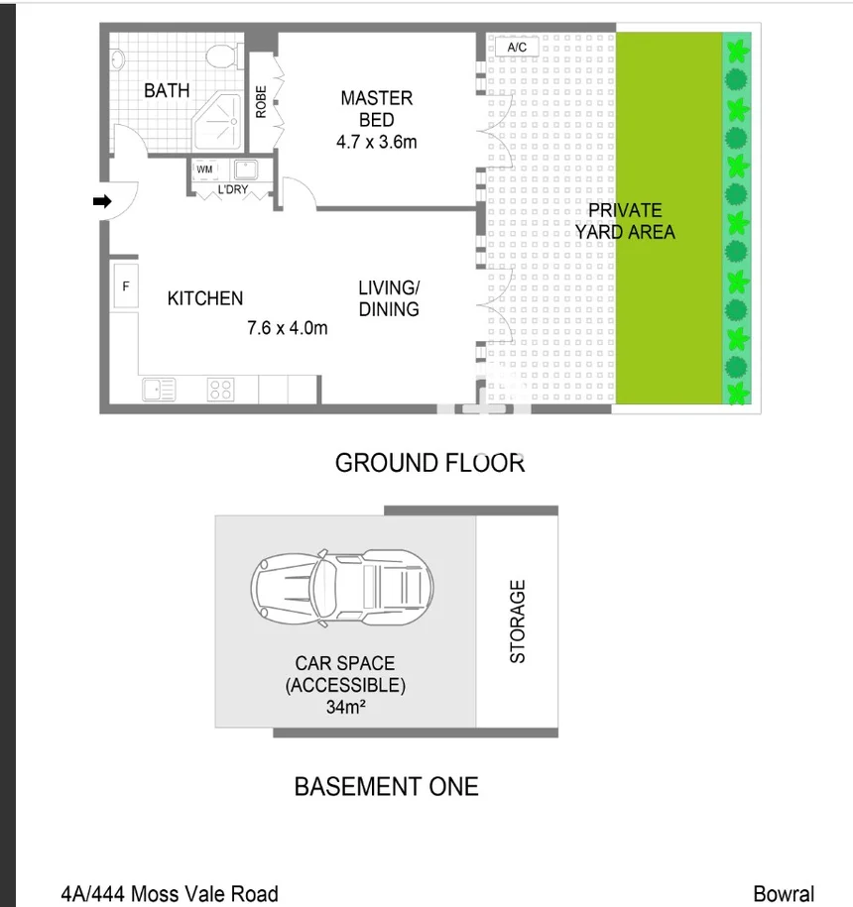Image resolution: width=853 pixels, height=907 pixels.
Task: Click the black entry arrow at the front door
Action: tap(101, 201)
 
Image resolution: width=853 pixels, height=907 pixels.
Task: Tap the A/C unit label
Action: tap(517, 47)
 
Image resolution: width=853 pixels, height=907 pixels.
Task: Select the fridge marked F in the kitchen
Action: tap(125, 286)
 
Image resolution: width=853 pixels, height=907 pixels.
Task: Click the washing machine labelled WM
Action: tap(204, 170)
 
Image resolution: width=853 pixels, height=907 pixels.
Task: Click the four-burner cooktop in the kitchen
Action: tap(220, 390)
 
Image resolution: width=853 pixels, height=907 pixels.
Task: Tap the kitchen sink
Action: tap(159, 390)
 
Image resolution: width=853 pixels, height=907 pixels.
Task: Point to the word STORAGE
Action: tap(517, 622)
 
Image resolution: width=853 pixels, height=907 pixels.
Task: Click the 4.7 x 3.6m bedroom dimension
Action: tap(376, 142)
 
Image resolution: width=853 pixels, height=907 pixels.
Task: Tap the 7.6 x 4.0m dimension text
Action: tap(287, 328)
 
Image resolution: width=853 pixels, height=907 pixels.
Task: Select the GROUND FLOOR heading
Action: tap(429, 463)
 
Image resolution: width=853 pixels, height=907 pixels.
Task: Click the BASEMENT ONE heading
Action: tap(387, 787)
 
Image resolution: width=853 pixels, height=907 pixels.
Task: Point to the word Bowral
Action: tap(784, 894)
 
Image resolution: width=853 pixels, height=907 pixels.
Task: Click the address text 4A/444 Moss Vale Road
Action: tap(170, 894)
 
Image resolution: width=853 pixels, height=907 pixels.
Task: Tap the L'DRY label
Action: tap(233, 189)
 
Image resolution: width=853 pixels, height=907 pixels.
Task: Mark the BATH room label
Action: tap(167, 91)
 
